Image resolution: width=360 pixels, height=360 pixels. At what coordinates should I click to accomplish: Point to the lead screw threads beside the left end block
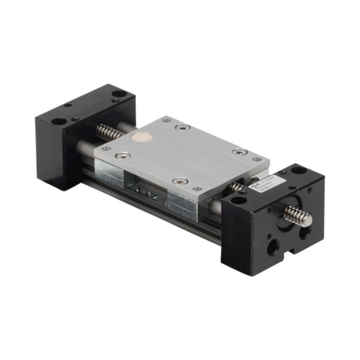[x=109, y=133]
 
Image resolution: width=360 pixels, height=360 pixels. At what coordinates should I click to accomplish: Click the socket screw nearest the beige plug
[x=121, y=155]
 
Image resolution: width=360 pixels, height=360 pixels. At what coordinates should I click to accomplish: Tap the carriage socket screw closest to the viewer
[x=181, y=181]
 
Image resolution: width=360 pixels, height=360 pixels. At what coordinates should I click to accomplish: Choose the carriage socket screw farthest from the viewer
[x=179, y=128]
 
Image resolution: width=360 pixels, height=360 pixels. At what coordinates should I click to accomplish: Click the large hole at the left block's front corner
[x=59, y=122]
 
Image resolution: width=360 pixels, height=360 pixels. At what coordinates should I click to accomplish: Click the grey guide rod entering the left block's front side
[x=84, y=149]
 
